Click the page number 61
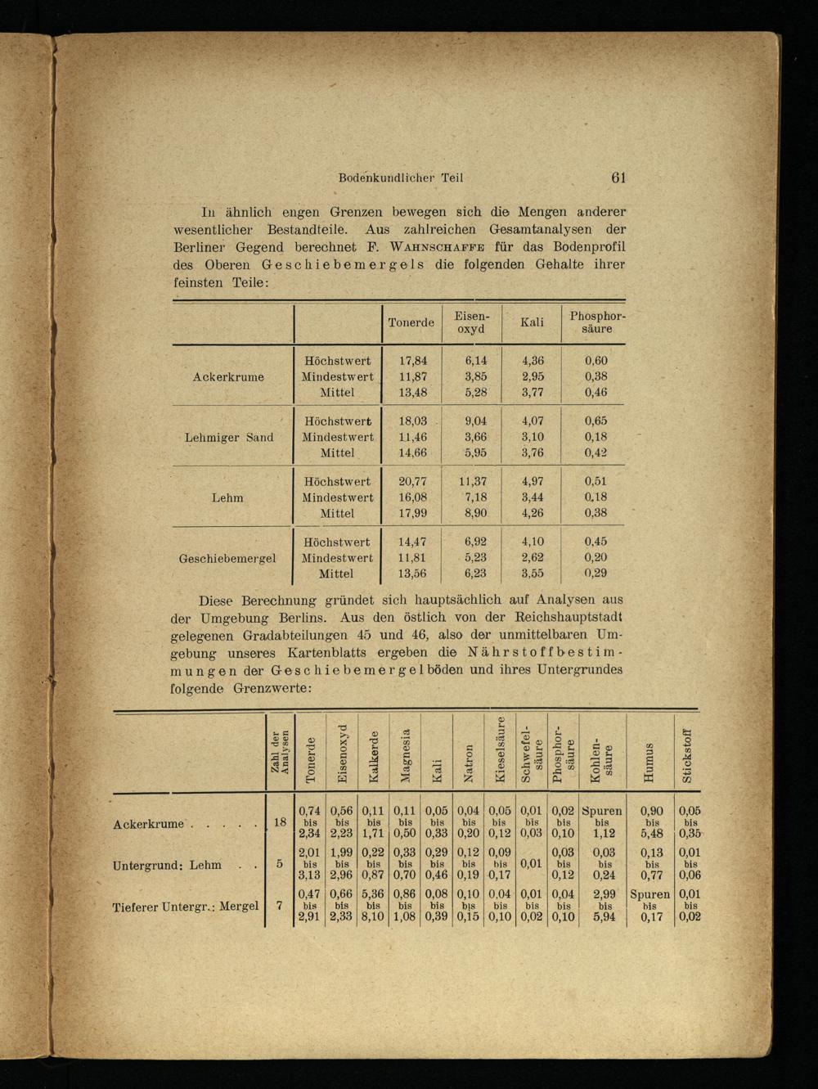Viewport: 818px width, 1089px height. (618, 178)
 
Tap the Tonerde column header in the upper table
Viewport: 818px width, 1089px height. (411, 322)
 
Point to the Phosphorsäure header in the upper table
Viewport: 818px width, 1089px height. (597, 322)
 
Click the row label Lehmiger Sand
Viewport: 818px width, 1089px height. (229, 437)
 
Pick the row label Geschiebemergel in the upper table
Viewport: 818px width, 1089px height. (227, 558)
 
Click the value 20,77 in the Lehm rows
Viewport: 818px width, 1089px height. (413, 482)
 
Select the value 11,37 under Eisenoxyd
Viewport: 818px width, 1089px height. (473, 482)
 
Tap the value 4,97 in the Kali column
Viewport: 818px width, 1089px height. (532, 482)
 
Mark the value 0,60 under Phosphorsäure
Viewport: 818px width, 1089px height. (596, 361)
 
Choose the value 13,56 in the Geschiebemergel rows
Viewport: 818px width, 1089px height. (413, 574)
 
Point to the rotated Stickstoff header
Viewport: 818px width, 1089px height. (688, 755)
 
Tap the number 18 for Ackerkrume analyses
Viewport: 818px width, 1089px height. (280, 822)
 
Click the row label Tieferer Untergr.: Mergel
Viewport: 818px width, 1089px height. (186, 906)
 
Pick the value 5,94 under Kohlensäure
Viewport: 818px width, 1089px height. (604, 917)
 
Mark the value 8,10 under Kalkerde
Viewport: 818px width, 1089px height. (373, 917)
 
